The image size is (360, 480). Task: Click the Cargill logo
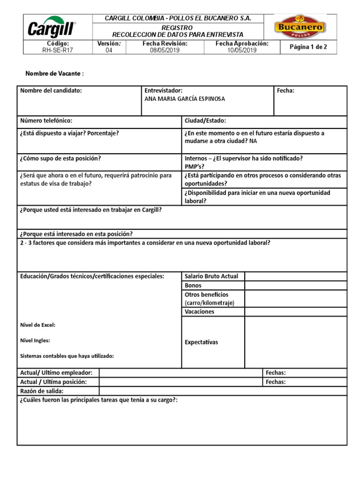(x=52, y=28)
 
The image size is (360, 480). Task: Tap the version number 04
(x=109, y=51)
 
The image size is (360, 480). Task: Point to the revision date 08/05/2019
(x=165, y=51)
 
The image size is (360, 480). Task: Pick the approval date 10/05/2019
(x=242, y=51)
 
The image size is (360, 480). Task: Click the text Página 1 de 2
(x=308, y=47)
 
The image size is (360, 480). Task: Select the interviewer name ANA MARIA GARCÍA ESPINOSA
(x=185, y=99)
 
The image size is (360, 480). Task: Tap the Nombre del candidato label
(x=51, y=90)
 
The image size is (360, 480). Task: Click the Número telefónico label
(x=46, y=121)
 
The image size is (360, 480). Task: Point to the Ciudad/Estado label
(x=205, y=121)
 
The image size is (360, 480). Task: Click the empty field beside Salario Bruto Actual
(x=295, y=276)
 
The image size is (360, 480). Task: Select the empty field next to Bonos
(x=295, y=285)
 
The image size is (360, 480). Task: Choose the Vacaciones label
(x=199, y=312)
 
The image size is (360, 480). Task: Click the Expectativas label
(x=202, y=342)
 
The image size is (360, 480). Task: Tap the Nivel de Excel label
(x=38, y=325)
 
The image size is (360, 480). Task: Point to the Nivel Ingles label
(x=35, y=341)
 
